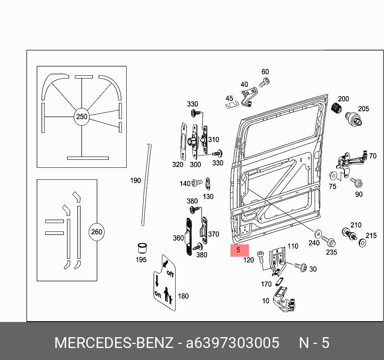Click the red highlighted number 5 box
tap(239, 250)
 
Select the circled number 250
tap(81, 117)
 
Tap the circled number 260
tap(97, 232)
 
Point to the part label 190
tap(135, 181)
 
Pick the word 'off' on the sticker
tap(170, 275)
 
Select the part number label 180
tap(183, 296)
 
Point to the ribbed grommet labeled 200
tap(337, 108)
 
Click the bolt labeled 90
tap(356, 183)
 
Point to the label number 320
tap(178, 165)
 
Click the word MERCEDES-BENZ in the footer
tap(114, 343)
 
